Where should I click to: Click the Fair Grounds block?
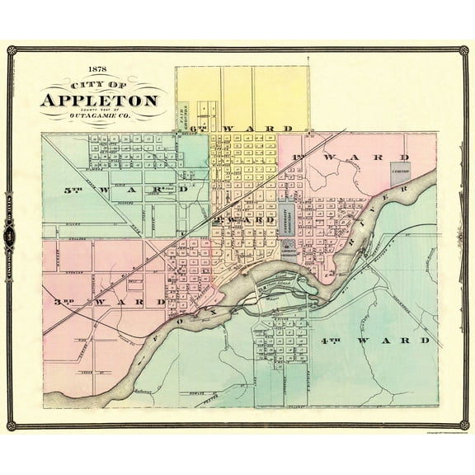(185, 116)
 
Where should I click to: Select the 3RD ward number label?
(63, 303)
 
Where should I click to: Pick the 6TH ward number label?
(199, 129)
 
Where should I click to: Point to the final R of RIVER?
(405, 188)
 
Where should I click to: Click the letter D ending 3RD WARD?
(163, 303)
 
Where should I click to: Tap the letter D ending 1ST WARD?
(405, 156)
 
